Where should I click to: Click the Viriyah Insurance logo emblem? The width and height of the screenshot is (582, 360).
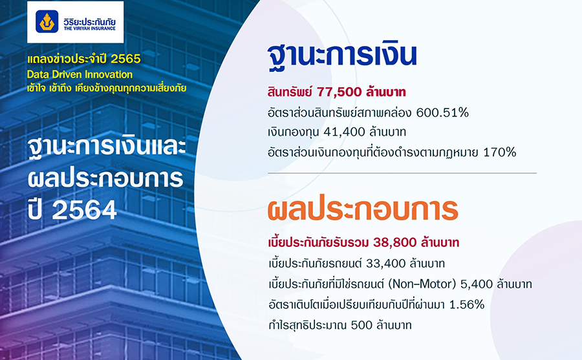[x=47, y=21]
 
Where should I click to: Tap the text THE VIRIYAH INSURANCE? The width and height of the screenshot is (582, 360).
[x=89, y=28]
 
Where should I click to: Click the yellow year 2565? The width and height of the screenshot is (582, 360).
[x=126, y=59]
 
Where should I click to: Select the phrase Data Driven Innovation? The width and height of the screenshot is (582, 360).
[x=80, y=74]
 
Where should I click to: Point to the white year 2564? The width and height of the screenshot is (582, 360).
[x=84, y=211]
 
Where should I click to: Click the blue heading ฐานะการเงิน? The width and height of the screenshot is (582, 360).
[x=342, y=55]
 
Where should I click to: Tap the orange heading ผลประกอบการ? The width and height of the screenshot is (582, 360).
[x=363, y=209]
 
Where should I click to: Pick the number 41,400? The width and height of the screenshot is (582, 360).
[x=344, y=132]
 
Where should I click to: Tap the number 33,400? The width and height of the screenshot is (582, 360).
[x=385, y=264]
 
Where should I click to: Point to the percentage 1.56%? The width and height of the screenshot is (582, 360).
[x=467, y=304]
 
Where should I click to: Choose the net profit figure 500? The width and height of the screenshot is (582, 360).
[x=361, y=324]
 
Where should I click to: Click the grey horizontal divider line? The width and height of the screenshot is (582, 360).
[x=402, y=173]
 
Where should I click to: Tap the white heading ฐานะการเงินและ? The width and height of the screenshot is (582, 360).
[x=107, y=148]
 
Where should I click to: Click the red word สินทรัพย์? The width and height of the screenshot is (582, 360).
[x=290, y=92]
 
